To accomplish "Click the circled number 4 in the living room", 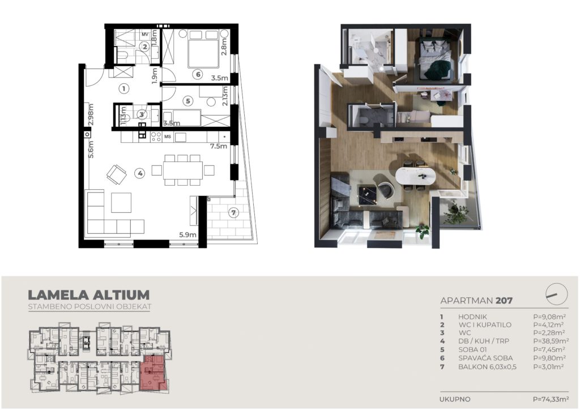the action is (139, 173).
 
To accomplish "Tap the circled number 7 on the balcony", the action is (233, 212).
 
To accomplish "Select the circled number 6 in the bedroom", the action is (198, 75).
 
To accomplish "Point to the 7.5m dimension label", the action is (219, 146).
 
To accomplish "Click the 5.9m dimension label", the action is (187, 234).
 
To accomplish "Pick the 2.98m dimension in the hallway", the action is (91, 116).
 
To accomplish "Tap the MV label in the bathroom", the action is (145, 35).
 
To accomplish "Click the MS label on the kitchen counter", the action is (168, 137).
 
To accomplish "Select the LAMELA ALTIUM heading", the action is (89, 294).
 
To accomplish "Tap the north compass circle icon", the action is (557, 294).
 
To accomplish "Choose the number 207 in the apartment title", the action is (504, 300).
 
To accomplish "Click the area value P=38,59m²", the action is (551, 341).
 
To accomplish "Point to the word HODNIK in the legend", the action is (472, 317).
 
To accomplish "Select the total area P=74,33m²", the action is (551, 399).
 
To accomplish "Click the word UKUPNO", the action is (455, 399).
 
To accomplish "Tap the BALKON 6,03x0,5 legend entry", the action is (487, 367).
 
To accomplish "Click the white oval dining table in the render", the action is (416, 176).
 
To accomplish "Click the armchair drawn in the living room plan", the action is (116, 174).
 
